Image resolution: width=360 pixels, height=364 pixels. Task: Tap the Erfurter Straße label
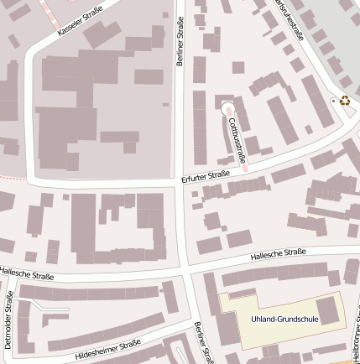[x=206, y=176]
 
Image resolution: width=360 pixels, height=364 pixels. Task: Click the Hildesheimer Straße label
[x=107, y=350]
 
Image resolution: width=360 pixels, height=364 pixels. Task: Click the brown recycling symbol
[x=345, y=101]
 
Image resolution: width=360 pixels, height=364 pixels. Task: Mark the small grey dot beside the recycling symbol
[x=333, y=101]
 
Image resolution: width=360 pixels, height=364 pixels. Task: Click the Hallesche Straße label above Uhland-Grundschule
[x=278, y=253]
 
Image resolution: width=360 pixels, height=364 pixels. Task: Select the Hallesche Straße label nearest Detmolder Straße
[x=27, y=273]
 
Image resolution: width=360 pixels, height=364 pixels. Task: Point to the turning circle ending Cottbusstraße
[x=227, y=107]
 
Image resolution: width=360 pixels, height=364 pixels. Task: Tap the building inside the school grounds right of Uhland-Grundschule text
[x=326, y=311]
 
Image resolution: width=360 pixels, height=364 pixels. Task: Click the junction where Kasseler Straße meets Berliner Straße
[x=179, y=4]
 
